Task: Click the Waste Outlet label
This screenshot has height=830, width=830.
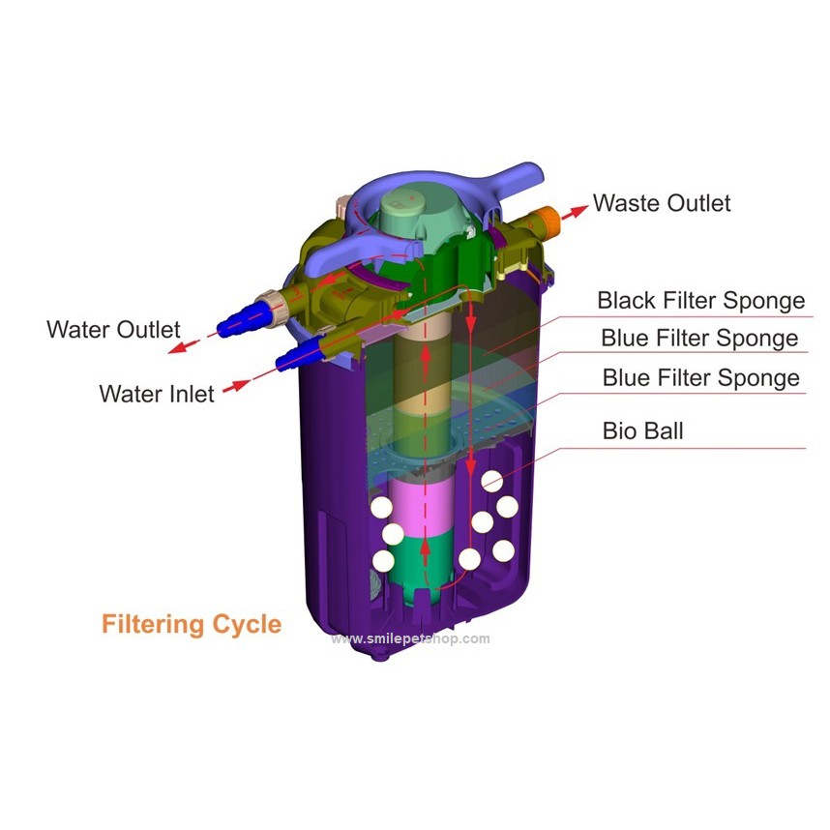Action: tap(662, 203)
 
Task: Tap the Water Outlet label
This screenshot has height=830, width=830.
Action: tap(113, 329)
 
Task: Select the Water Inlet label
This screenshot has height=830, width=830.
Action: tap(156, 394)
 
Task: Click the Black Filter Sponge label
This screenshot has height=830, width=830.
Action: tap(700, 301)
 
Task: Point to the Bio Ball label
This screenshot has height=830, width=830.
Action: tap(642, 430)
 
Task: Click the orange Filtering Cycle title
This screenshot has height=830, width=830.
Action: tap(192, 624)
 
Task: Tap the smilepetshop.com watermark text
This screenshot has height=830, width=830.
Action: tap(411, 638)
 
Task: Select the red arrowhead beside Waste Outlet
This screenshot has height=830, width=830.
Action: tap(579, 210)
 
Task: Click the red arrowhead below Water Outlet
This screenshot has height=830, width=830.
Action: tap(178, 346)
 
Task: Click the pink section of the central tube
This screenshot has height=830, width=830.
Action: tap(421, 507)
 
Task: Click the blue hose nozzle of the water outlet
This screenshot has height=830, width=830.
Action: tap(242, 320)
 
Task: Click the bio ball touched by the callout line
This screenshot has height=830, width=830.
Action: tap(491, 481)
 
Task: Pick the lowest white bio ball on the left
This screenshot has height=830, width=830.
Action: tap(383, 561)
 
